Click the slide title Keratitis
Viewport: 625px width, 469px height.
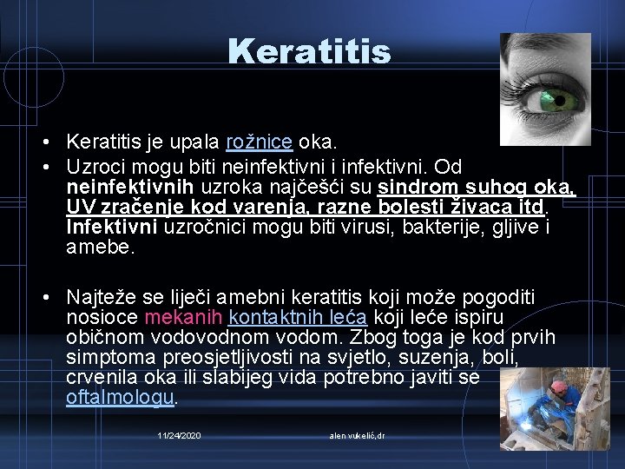[310, 52]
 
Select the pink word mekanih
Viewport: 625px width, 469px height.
[184, 318]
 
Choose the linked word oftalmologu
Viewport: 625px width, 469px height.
[121, 398]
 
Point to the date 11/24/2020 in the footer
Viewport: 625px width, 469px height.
[180, 434]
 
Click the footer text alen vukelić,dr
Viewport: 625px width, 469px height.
[358, 434]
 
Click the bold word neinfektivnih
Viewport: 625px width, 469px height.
[130, 188]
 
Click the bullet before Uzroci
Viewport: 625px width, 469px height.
[43, 166]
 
